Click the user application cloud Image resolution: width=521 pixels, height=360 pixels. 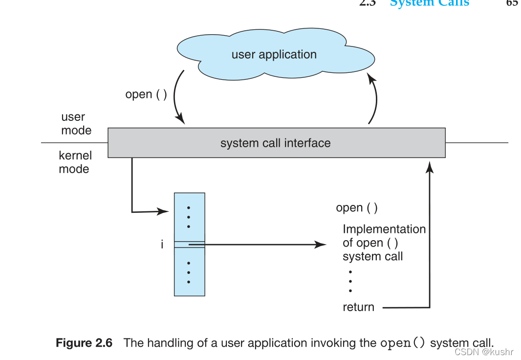pyautogui.click(x=274, y=54)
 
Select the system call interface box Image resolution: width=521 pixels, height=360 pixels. pyautogui.click(x=276, y=143)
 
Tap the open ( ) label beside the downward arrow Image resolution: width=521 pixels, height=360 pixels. pyautogui.click(x=146, y=94)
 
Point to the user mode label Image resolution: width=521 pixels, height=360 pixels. pyautogui.click(x=75, y=124)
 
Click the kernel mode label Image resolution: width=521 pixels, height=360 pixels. pyautogui.click(x=75, y=162)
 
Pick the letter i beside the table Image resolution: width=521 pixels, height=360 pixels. pyautogui.click(x=162, y=244)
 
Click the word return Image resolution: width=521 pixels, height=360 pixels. pyautogui.click(x=358, y=307)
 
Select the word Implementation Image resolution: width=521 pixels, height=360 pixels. pyautogui.click(x=384, y=229)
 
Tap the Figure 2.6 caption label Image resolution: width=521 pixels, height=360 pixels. pyautogui.click(x=84, y=343)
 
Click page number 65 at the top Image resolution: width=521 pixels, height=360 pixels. pyautogui.click(x=512, y=3)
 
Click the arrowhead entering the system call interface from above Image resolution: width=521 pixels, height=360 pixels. pyautogui.click(x=181, y=119)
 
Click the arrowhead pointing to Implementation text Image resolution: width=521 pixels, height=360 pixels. pyautogui.click(x=321, y=244)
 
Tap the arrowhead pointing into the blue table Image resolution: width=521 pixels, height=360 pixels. pyautogui.click(x=164, y=211)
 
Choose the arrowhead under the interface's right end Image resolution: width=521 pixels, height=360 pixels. pyautogui.click(x=430, y=167)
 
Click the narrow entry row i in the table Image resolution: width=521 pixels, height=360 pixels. pyautogui.click(x=190, y=244)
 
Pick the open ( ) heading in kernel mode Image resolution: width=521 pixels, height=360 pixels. pyautogui.click(x=357, y=208)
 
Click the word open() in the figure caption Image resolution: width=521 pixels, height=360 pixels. pyautogui.click(x=403, y=343)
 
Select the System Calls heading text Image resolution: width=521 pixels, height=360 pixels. pyautogui.click(x=430, y=3)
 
